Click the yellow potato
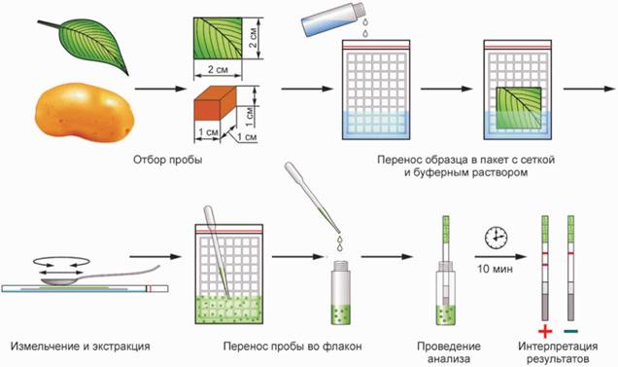pos(85,111)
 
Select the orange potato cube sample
pos(216,106)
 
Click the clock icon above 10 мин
pos(496,238)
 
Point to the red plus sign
pos(545,332)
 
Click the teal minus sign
pos(570,331)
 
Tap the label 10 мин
pos(495,269)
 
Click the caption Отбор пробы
pos(167,160)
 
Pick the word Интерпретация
pos(558,347)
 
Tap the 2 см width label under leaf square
pos(219,69)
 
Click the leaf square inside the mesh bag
pos(518,108)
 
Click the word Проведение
pos(449,347)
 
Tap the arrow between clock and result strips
pos(499,257)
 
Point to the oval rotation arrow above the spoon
pos(62,261)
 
